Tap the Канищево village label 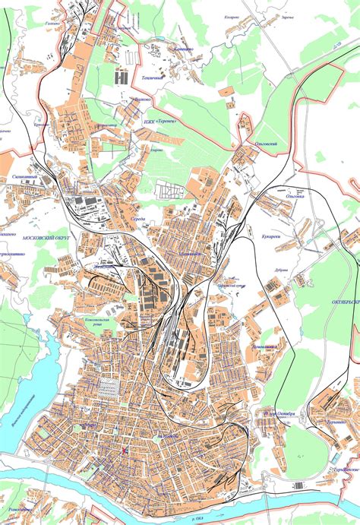pos(182,49)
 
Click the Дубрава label pos(279,277)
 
